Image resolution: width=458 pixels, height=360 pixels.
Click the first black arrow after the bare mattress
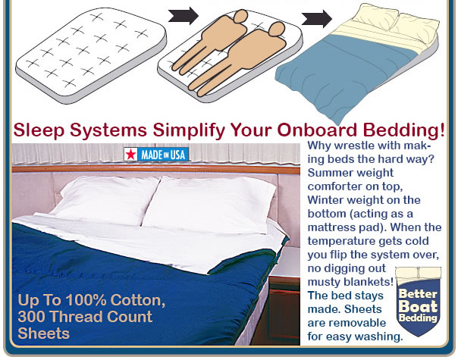pyautogui.click(x=184, y=15)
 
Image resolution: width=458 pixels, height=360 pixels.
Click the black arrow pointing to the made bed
pyautogui.click(x=317, y=18)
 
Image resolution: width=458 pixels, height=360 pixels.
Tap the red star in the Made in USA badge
pyautogui.click(x=131, y=154)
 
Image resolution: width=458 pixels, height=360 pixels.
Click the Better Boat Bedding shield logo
pyautogui.click(x=418, y=302)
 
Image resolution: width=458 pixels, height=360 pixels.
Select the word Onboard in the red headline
pyautogui.click(x=317, y=130)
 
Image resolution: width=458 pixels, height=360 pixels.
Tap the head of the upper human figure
pyautogui.click(x=240, y=16)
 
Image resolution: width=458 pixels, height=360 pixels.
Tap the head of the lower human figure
pyautogui.click(x=276, y=30)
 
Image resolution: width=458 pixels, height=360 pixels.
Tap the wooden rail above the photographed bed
pyautogui.click(x=155, y=169)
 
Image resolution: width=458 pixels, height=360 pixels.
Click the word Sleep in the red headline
pyautogui.click(x=39, y=130)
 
